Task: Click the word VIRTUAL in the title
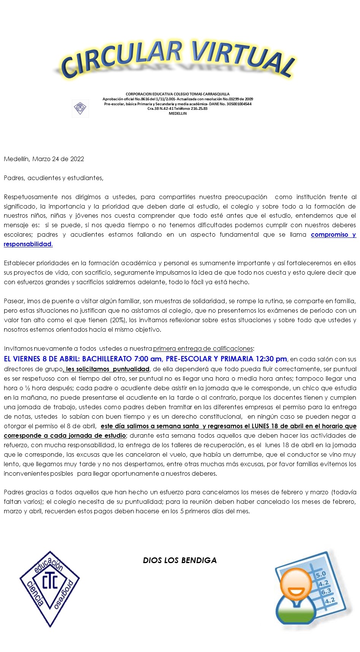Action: click(243, 57)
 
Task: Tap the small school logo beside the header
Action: click(80, 108)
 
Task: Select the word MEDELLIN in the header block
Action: click(178, 114)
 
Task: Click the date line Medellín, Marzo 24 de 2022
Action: click(44, 159)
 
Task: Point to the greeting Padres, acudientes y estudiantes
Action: click(54, 178)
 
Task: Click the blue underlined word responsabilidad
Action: click(28, 244)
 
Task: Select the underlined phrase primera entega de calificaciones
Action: click(203, 348)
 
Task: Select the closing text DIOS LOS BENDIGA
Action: click(180, 560)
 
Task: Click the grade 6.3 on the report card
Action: click(326, 592)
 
